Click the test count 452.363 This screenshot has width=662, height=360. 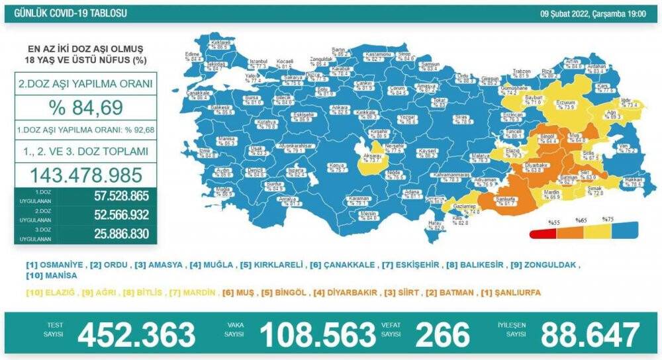[136, 335]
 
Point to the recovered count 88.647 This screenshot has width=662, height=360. [590, 335]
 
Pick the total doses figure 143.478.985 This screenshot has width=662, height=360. [84, 175]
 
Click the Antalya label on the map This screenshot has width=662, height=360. [286, 199]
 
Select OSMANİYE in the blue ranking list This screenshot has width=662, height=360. [55, 265]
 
